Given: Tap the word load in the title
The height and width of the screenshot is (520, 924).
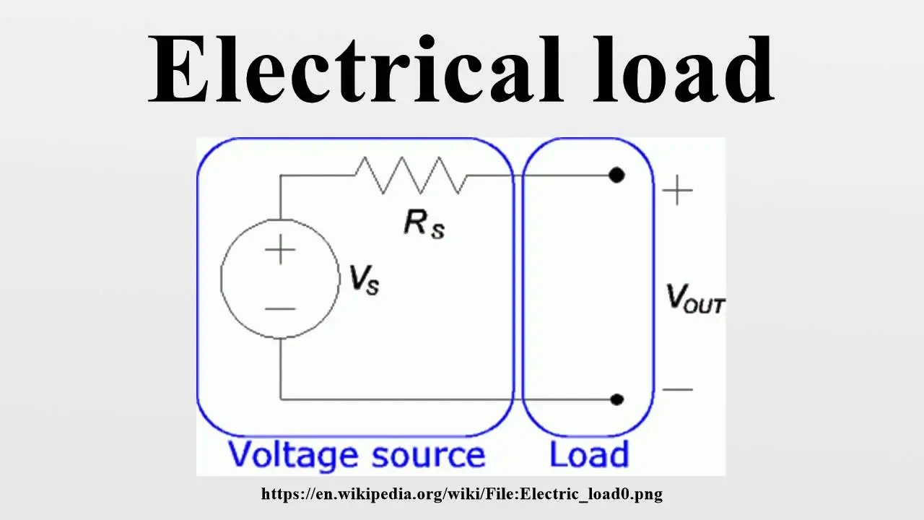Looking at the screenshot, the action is click(684, 69).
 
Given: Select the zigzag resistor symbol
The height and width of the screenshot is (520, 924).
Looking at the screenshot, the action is click(411, 175).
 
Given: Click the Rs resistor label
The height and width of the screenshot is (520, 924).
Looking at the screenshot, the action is click(424, 224).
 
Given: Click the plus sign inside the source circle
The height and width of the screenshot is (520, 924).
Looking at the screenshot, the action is click(281, 249).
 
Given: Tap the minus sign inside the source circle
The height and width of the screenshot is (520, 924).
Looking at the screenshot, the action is click(281, 308).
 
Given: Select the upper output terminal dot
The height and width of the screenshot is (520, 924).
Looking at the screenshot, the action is click(616, 175).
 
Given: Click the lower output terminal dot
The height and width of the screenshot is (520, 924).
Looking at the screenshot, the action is click(616, 399).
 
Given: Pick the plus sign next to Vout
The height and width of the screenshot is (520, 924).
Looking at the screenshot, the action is click(677, 190).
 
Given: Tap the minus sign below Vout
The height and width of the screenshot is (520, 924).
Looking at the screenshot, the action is click(677, 389).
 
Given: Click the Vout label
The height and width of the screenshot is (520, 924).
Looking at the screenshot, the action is click(695, 299).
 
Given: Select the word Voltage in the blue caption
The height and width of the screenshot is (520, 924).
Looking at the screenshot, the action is click(294, 455).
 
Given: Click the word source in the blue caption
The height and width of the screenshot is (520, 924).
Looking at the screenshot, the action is click(429, 455).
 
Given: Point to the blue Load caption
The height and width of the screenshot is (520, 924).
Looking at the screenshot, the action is click(590, 454).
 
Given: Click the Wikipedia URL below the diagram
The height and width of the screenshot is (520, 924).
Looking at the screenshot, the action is click(462, 493).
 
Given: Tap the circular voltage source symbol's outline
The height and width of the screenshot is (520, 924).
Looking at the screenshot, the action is click(221, 279).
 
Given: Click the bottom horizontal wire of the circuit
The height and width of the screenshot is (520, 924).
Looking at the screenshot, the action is click(448, 399).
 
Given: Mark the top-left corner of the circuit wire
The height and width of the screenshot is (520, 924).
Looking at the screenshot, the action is click(281, 175).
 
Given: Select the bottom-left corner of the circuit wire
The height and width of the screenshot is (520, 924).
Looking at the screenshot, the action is click(281, 399).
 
